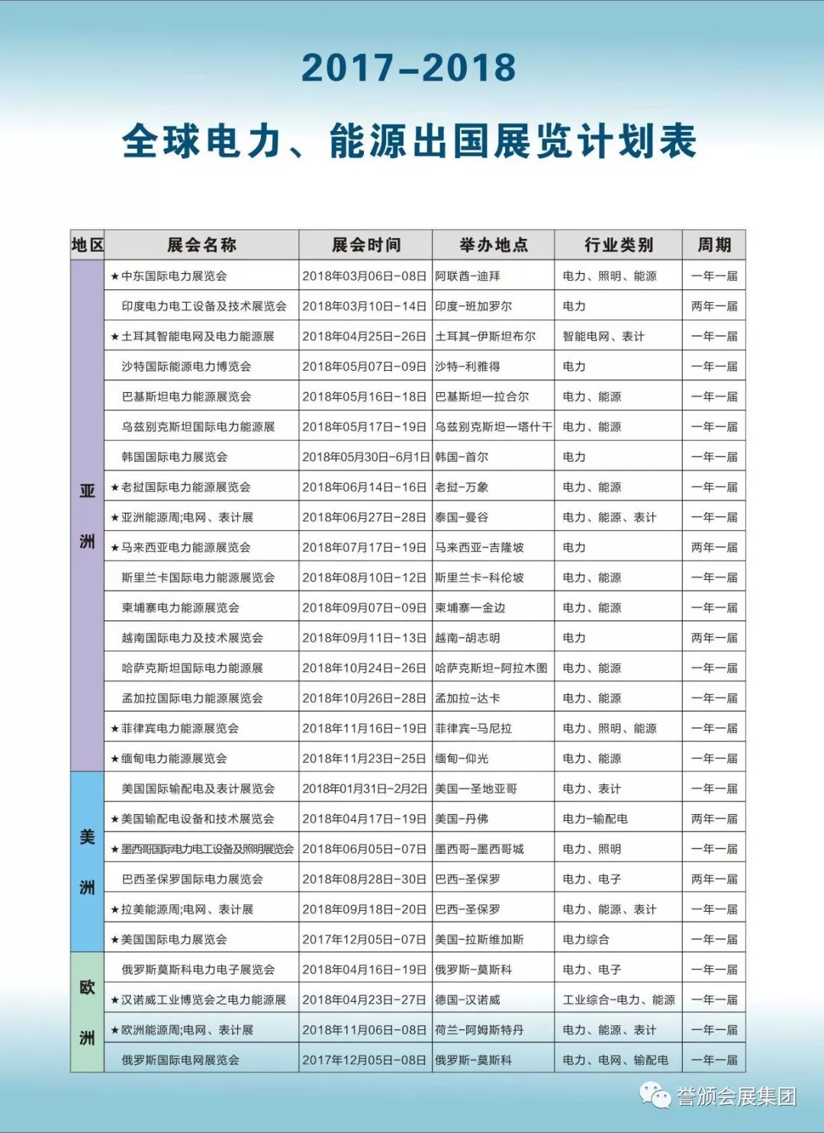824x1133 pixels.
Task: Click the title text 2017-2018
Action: [409, 68]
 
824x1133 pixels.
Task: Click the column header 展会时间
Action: [365, 245]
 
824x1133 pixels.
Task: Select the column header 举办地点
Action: [493, 245]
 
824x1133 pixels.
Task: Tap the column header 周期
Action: [713, 245]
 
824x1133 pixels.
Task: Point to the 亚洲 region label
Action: [87, 516]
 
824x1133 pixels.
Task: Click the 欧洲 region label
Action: [87, 1012]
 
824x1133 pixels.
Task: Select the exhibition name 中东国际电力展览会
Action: [174, 276]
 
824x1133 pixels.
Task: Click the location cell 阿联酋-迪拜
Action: [468, 276]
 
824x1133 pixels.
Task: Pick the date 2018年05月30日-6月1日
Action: [365, 457]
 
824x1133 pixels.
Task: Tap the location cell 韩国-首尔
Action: [462, 457]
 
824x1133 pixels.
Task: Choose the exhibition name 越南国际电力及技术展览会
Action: [192, 638]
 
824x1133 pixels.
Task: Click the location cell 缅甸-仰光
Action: [462, 758]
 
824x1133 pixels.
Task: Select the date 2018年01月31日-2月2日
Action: [365, 789]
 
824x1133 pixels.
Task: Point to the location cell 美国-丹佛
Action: [462, 819]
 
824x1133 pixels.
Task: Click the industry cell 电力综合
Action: [586, 939]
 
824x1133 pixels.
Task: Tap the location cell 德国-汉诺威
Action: [468, 999]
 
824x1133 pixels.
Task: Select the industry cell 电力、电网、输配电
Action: [615, 1060]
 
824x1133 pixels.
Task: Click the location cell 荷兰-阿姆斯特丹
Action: [479, 1030]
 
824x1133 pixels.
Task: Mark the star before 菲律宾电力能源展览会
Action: [114, 729]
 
